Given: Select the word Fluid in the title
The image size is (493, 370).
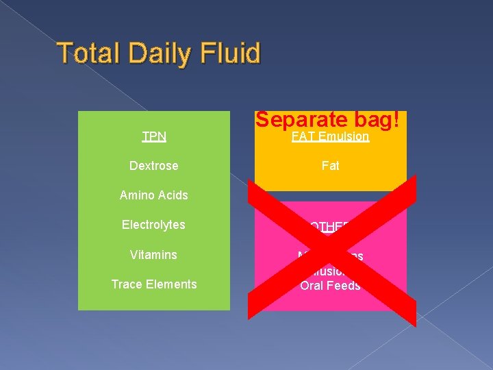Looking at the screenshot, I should (229, 53).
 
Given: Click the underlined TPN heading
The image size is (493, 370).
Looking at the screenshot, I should (154, 136).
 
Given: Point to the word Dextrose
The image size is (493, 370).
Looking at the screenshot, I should (154, 166).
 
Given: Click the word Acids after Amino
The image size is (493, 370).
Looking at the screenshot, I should (173, 195).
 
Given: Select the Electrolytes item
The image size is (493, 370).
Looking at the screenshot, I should (154, 225).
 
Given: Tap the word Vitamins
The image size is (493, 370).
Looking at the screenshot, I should (154, 255).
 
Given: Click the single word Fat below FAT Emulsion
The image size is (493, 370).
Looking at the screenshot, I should (331, 166).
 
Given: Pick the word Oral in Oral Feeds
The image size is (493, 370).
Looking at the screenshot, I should (313, 286).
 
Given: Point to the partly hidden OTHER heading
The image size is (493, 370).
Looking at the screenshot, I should (331, 225).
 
